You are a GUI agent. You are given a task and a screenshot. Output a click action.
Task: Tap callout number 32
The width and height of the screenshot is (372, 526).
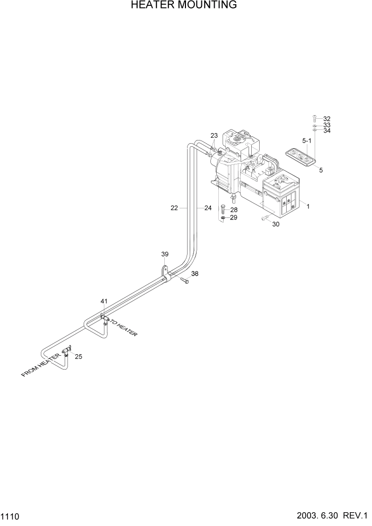pyautogui.click(x=326, y=119)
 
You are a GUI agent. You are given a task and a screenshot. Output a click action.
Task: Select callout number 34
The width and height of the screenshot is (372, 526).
pyautogui.click(x=326, y=130)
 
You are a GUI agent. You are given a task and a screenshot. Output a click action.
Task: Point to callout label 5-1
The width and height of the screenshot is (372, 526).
pyautogui.click(x=307, y=141)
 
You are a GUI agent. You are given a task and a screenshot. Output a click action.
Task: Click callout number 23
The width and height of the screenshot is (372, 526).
pyautogui.click(x=214, y=136)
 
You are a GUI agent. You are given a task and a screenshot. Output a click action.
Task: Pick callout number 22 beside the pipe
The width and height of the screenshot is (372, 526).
pyautogui.click(x=174, y=208)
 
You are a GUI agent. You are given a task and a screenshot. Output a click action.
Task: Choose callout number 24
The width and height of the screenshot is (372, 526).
pyautogui.click(x=208, y=208)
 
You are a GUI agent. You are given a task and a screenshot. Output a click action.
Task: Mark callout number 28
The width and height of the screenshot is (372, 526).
pyautogui.click(x=234, y=210)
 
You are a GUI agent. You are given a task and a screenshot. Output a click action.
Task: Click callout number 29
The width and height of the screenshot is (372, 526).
pyautogui.click(x=234, y=218)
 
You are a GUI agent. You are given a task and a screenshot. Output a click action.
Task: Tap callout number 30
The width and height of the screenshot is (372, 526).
pyautogui.click(x=276, y=224)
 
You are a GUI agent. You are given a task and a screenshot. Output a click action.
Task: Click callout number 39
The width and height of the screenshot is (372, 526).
pyautogui.click(x=165, y=255)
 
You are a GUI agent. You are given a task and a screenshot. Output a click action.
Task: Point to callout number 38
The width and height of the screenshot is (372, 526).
pyautogui.click(x=195, y=274)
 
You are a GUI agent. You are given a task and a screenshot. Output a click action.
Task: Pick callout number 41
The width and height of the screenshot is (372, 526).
pyautogui.click(x=104, y=301)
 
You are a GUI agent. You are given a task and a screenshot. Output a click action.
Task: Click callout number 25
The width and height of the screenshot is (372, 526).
pyautogui.click(x=78, y=356)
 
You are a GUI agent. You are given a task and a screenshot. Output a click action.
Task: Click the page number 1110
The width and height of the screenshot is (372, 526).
pyautogui.click(x=11, y=515)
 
